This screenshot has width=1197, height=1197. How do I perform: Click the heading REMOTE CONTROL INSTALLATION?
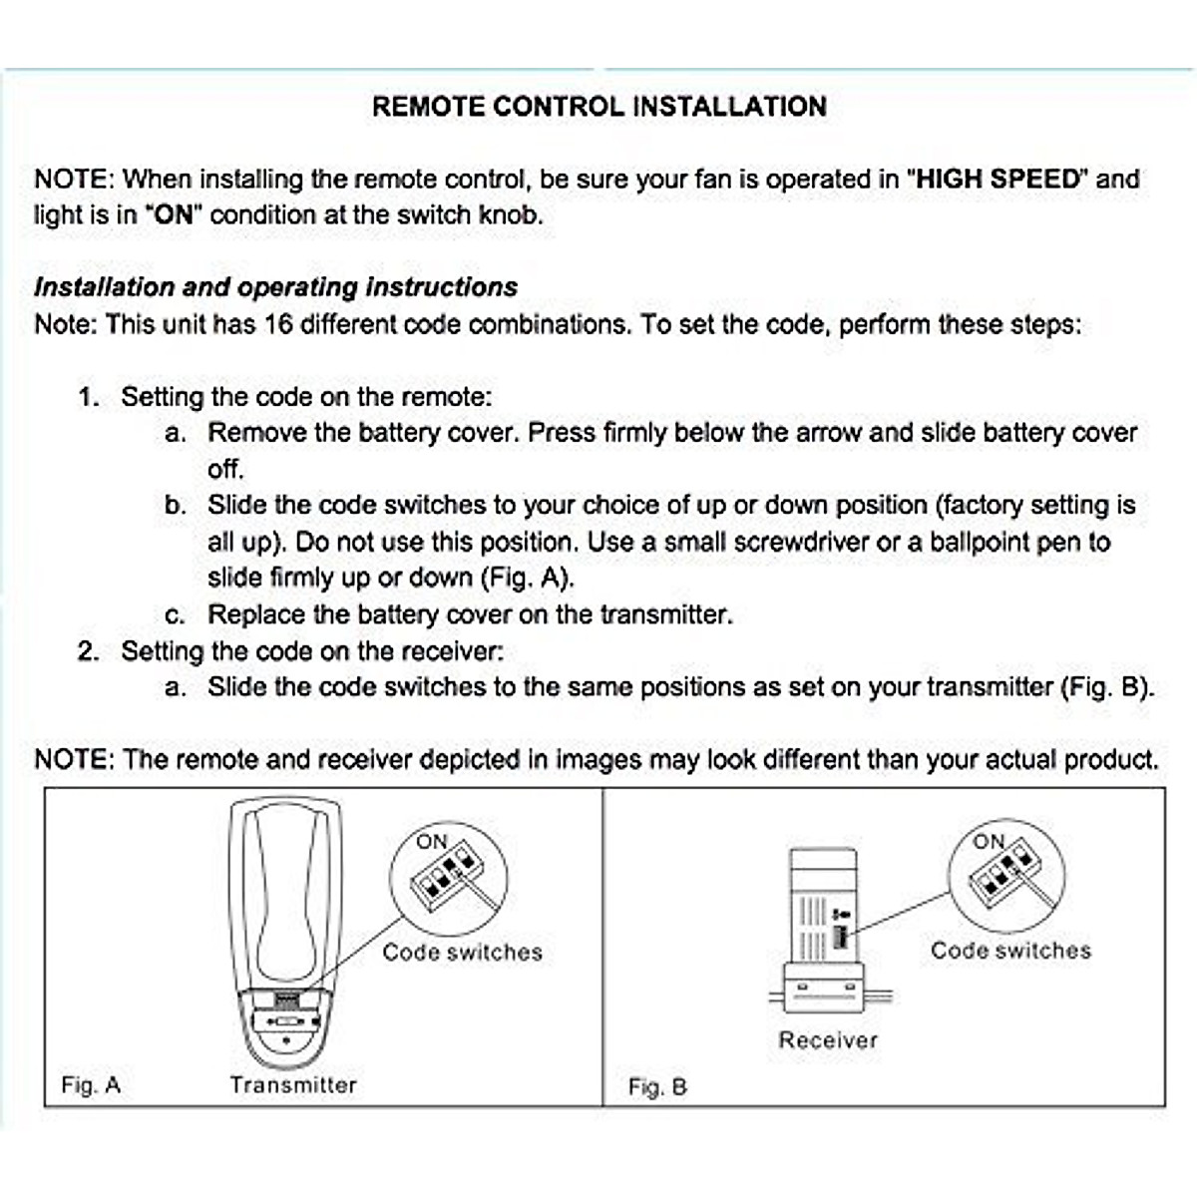coord(598,107)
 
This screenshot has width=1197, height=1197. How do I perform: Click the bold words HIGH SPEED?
coord(998,180)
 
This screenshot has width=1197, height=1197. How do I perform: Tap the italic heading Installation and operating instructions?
coord(275,287)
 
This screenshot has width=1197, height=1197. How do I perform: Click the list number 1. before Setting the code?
coord(89,397)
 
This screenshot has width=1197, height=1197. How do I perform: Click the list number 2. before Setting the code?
coord(89,651)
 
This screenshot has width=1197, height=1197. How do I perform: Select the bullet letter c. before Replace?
coord(175,615)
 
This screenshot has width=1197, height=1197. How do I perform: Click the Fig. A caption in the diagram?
coord(91,1085)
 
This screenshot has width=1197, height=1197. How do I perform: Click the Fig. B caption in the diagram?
coord(657,1086)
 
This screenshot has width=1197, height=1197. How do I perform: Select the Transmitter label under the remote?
coord(292,1085)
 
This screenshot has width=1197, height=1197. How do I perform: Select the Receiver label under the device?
coord(828,1040)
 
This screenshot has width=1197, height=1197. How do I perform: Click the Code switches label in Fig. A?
coord(462,953)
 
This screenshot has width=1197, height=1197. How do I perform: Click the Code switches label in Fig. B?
coord(1010,951)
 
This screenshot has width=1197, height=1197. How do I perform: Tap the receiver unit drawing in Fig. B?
coord(824,928)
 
